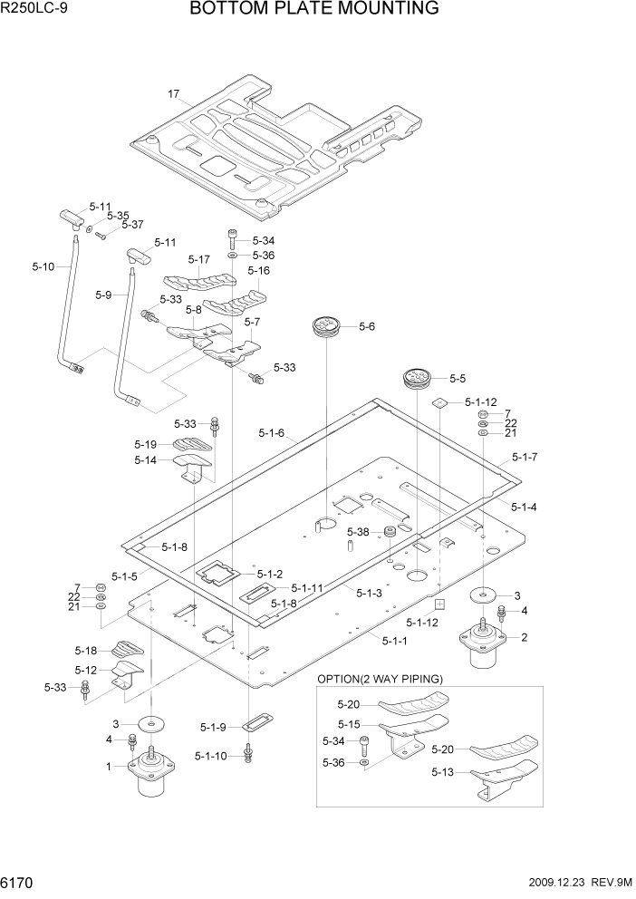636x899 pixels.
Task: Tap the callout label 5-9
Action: (103, 295)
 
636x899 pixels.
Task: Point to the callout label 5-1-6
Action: (271, 433)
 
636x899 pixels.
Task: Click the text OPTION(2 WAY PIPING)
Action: (379, 679)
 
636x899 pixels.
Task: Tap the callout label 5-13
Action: (443, 772)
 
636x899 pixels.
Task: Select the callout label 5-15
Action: (349, 724)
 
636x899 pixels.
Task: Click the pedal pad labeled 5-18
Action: (127, 649)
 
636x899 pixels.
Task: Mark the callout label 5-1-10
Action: (212, 755)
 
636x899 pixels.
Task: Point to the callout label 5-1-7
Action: (525, 457)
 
